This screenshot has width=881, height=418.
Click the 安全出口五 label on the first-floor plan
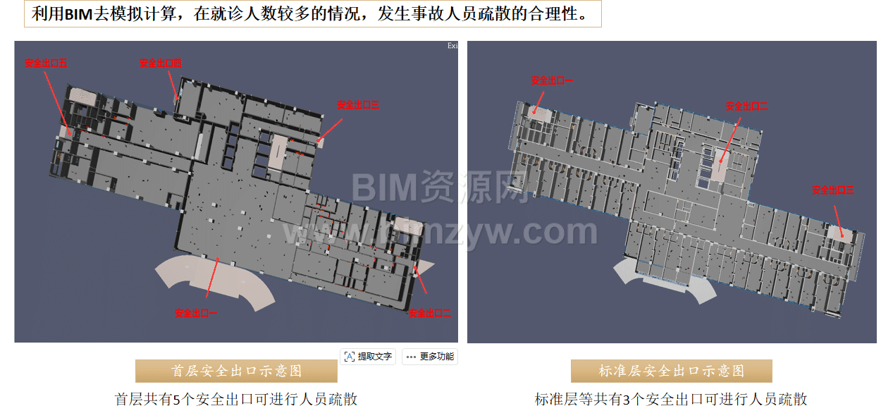click(46, 63)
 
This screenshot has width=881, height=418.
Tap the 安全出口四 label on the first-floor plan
click(161, 63)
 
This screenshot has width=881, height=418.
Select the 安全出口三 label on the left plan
click(358, 105)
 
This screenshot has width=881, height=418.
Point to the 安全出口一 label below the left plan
click(196, 314)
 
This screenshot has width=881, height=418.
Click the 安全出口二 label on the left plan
click(429, 314)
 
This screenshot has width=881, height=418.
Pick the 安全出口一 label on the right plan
click(552, 80)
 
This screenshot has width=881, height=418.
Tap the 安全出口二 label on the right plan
click(746, 106)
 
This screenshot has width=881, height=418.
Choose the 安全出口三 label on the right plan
click(833, 190)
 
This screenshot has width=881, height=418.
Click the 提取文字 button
click(368, 357)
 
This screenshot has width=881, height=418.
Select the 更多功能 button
click(430, 357)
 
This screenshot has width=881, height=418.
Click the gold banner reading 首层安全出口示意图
click(236, 371)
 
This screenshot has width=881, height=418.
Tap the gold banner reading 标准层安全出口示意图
click(672, 371)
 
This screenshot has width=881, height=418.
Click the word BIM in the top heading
click(78, 14)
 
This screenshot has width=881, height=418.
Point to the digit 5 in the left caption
click(176, 400)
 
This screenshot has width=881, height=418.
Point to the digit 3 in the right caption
click(626, 400)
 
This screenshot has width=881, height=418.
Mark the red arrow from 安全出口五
click(57, 104)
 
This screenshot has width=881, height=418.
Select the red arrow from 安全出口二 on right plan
click(730, 140)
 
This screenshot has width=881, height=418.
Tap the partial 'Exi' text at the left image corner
click(452, 46)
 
